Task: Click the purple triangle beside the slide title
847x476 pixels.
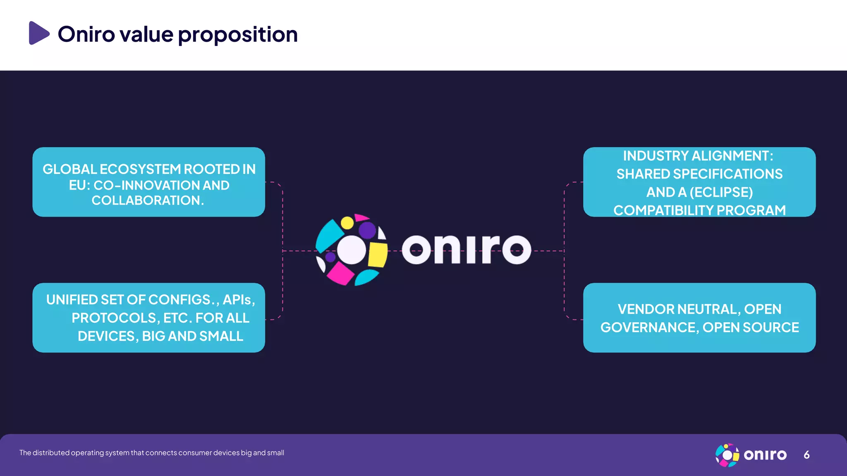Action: pyautogui.click(x=38, y=33)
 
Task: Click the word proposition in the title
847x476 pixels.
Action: pyautogui.click(x=238, y=35)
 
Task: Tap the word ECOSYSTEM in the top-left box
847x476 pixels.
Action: pyautogui.click(x=140, y=169)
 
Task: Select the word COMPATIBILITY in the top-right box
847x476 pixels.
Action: pyautogui.click(x=663, y=210)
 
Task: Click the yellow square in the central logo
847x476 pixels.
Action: pyautogui.click(x=377, y=254)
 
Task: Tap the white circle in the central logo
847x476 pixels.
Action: pyautogui.click(x=352, y=250)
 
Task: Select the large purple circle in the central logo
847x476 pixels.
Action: pyautogui.click(x=367, y=230)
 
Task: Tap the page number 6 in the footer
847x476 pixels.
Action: pyautogui.click(x=806, y=455)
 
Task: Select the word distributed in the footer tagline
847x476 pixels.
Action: pyautogui.click(x=51, y=453)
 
